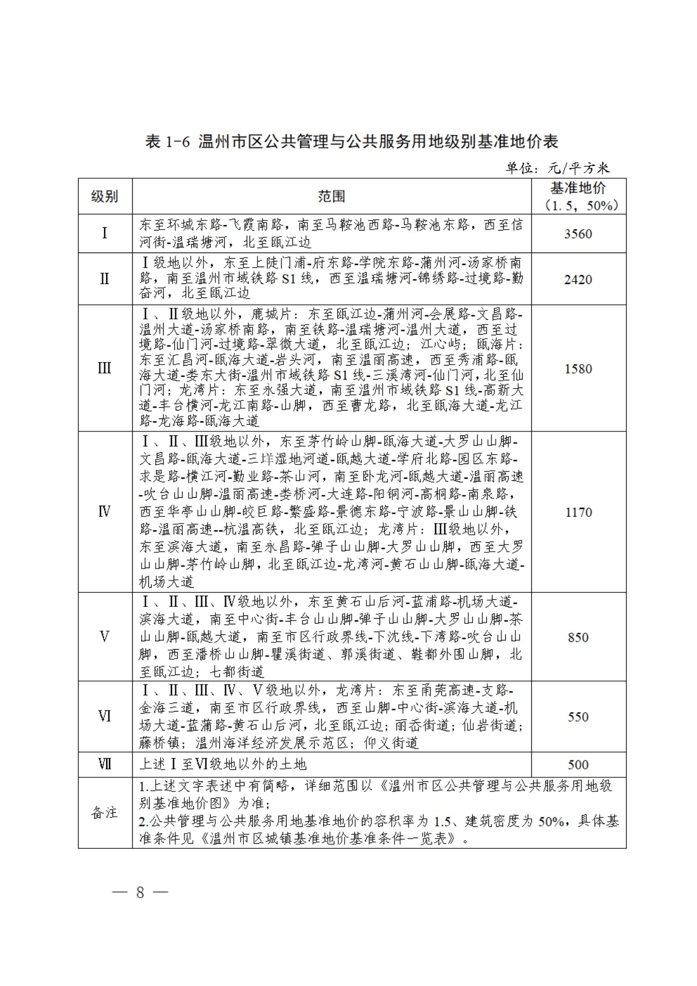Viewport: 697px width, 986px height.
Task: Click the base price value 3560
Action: click(x=578, y=234)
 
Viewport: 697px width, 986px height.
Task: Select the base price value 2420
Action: click(x=578, y=280)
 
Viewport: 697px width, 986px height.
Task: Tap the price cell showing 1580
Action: click(x=578, y=369)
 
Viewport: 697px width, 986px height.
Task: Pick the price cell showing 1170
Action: click(x=578, y=512)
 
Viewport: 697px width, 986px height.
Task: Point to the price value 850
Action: click(x=578, y=637)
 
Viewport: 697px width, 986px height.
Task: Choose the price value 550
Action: click(x=578, y=717)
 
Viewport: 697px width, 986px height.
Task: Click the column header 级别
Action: click(x=105, y=196)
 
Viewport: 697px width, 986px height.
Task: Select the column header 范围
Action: click(x=332, y=196)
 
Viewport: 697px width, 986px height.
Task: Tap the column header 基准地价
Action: click(x=578, y=188)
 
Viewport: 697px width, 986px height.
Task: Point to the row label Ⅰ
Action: click(x=105, y=233)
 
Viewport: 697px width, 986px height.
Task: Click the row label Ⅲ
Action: click(x=105, y=368)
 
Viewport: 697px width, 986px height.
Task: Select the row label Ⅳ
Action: click(x=105, y=512)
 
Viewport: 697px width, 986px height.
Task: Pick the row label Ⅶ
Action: click(x=105, y=764)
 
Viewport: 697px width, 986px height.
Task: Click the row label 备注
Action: click(x=105, y=813)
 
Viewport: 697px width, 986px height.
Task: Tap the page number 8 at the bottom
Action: click(x=140, y=893)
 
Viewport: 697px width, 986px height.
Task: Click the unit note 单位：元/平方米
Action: click(x=557, y=168)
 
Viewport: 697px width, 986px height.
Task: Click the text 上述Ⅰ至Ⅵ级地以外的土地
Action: click(x=223, y=764)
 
